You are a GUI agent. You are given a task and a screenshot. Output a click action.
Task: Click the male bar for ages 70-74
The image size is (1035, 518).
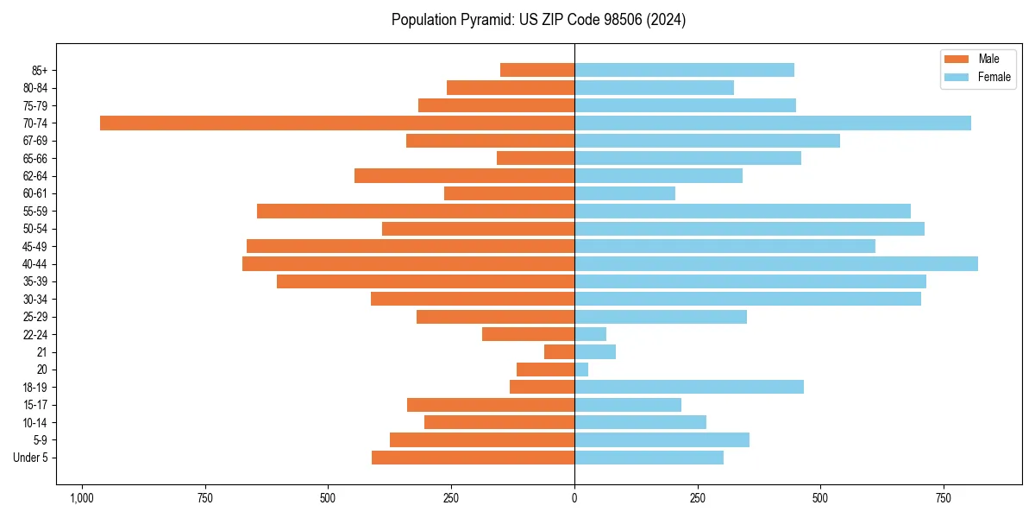pos(337,123)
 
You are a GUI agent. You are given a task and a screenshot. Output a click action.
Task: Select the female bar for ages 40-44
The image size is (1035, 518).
pos(776,264)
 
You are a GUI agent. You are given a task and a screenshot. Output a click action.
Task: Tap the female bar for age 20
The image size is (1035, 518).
pos(581,370)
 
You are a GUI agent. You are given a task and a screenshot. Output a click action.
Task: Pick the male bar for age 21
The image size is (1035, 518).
pos(559,352)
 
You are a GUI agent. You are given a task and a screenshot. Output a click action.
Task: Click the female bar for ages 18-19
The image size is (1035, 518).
pos(689,388)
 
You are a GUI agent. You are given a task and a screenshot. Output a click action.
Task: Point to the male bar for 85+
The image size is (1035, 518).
pos(537,71)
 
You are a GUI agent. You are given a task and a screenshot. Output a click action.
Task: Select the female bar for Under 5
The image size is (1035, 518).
pos(649,458)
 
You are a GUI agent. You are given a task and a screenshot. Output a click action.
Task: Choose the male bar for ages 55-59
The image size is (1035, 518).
pos(416,212)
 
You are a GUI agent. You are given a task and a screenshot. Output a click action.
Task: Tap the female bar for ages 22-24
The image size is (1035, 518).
pos(590,335)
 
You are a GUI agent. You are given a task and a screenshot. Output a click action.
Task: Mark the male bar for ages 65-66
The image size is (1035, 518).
pos(536,159)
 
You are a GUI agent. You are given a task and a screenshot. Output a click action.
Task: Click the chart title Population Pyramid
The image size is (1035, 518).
pos(538,20)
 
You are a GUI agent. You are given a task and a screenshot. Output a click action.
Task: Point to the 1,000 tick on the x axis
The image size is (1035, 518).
pos(82,498)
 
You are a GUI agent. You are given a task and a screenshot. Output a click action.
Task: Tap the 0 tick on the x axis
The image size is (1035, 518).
pos(574,498)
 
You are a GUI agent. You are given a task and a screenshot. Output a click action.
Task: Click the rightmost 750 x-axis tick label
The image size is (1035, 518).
pos(944,498)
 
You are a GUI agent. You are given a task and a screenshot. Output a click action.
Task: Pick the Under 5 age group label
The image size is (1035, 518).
pos(30,458)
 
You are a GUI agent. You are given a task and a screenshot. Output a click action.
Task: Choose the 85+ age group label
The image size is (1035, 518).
pos(39,71)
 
